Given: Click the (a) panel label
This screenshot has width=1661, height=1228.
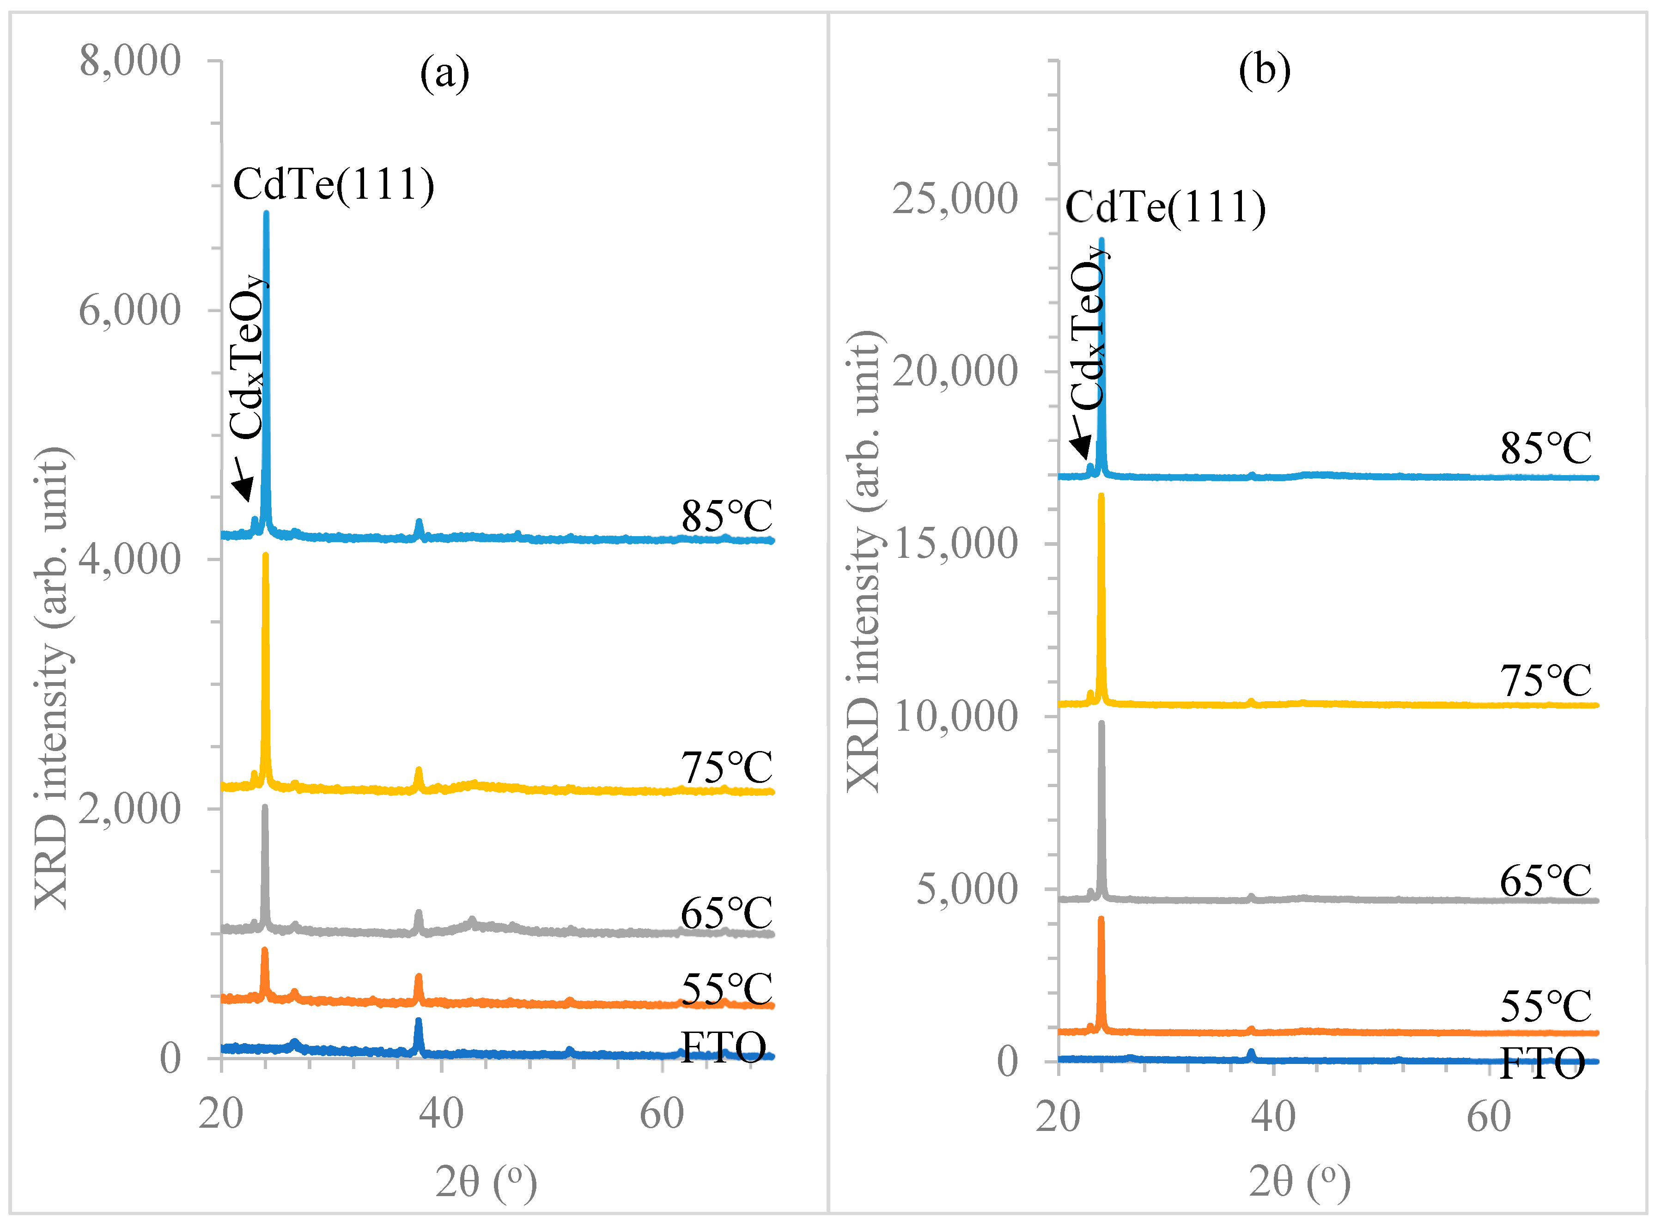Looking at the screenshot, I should [444, 74].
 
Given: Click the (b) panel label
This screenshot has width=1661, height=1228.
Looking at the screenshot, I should [1264, 71].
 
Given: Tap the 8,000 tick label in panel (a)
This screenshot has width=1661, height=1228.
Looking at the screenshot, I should [130, 61].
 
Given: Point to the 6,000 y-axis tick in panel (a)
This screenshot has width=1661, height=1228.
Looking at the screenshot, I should [130, 310].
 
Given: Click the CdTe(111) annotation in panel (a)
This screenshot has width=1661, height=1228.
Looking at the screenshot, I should [334, 184].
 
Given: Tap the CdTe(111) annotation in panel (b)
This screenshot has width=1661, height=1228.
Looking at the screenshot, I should [1165, 208].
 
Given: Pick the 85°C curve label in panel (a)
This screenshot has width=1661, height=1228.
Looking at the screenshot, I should [727, 516].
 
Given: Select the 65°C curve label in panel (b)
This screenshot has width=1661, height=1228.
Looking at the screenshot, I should [1546, 882].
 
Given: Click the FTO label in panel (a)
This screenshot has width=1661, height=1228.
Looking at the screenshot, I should [723, 1048].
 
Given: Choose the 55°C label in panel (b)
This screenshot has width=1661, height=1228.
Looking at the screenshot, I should [1546, 1007].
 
